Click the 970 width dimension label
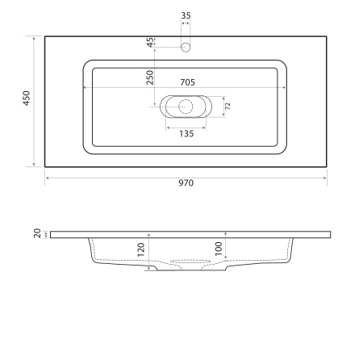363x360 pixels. [x=186, y=183]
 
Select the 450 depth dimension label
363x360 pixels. [x=26, y=100]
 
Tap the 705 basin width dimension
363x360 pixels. [x=186, y=82]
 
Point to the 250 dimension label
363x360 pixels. [x=150, y=77]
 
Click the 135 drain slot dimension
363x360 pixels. [x=186, y=133]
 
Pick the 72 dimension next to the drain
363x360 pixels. [x=227, y=106]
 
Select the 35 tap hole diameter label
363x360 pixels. [x=186, y=16]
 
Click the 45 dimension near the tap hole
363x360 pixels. [x=151, y=43]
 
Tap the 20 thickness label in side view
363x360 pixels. [x=37, y=234]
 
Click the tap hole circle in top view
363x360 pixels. [x=186, y=47]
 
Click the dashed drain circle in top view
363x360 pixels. [x=186, y=106]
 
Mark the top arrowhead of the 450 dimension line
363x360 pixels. [x=33, y=37]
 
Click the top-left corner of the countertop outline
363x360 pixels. [x=45, y=36]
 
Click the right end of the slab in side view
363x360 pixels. [x=331, y=234]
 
